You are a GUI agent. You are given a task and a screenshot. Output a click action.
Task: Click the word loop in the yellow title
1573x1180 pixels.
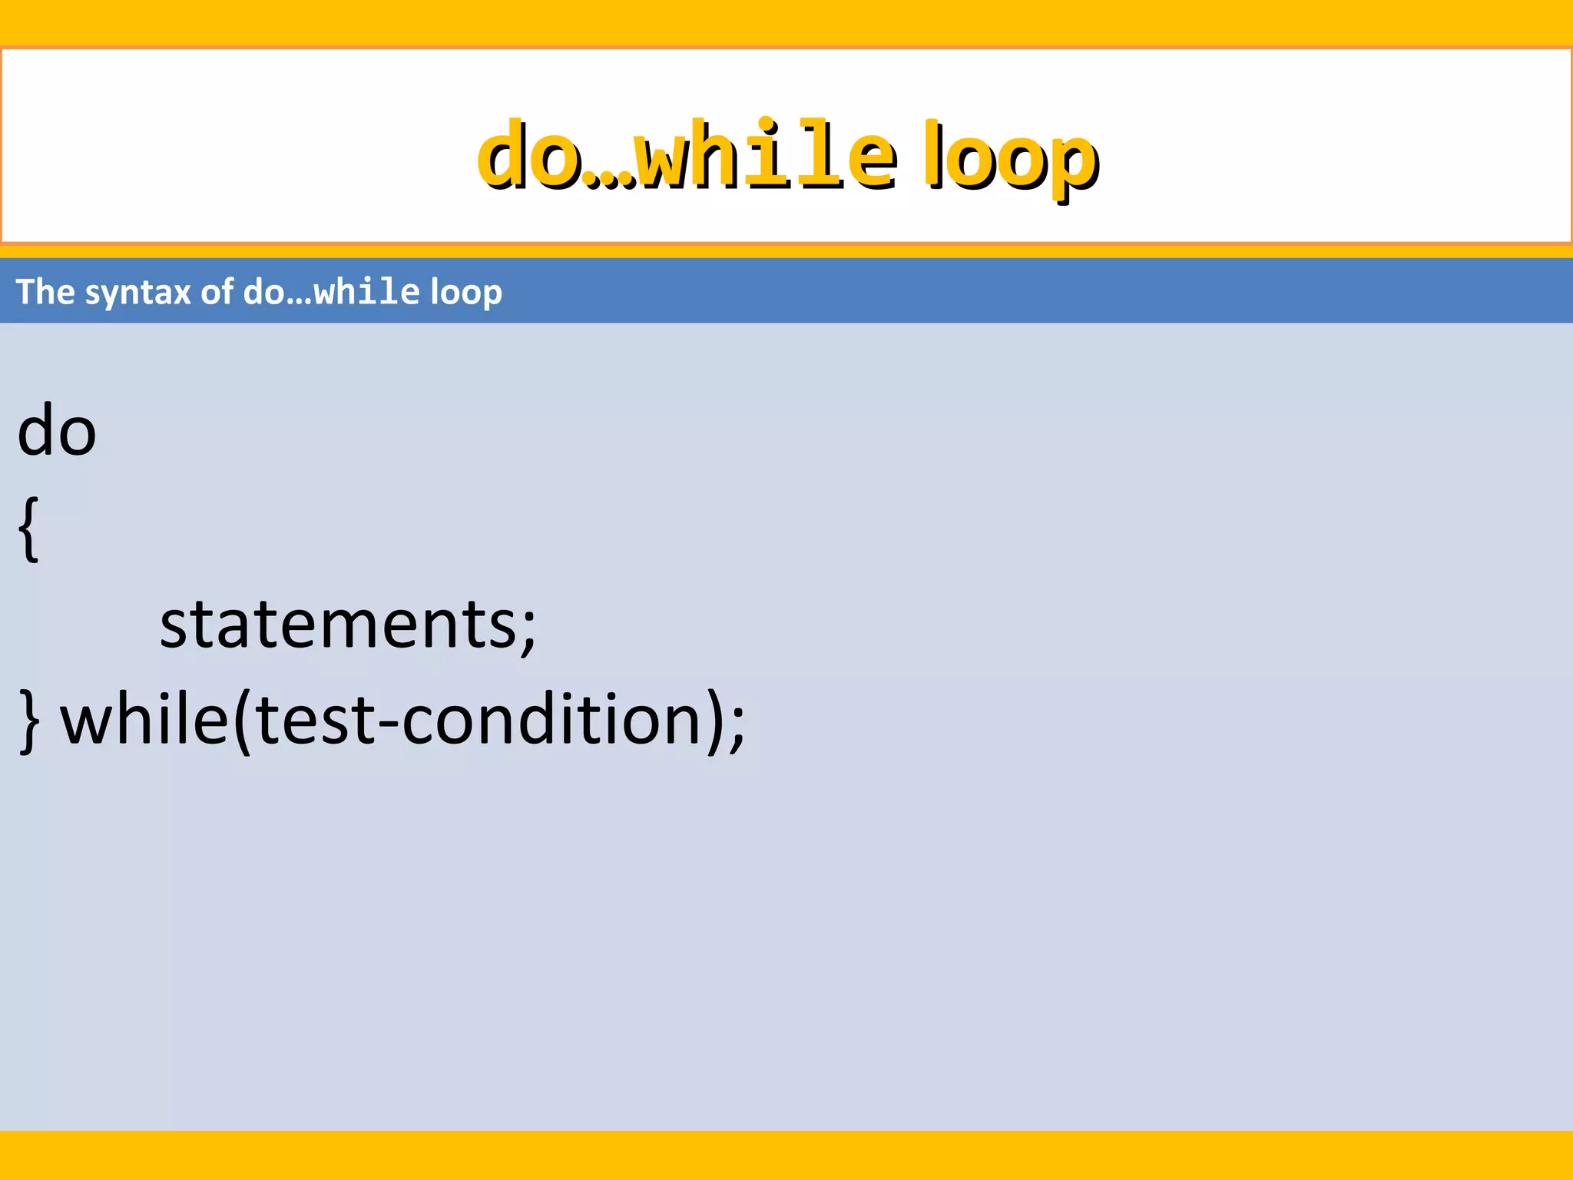point(1012,157)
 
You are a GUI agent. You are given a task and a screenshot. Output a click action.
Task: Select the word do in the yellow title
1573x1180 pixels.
point(528,154)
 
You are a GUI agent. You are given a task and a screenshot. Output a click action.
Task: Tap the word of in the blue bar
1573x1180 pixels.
point(217,292)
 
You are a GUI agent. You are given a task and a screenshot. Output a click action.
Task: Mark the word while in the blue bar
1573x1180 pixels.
point(368,292)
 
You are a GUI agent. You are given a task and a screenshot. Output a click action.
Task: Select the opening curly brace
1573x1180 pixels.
point(28,529)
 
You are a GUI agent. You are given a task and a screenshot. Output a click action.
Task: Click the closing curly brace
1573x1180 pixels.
point(29,721)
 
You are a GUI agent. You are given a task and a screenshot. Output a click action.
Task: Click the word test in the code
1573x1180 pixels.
point(315,721)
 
